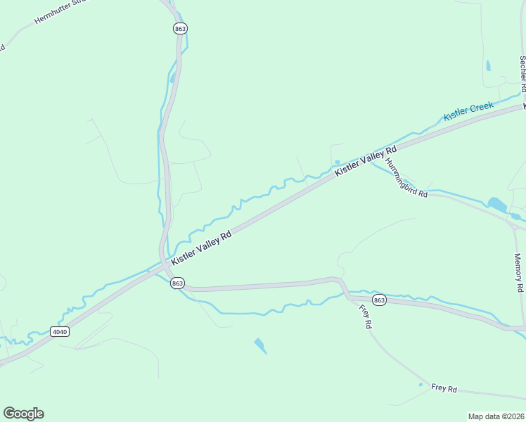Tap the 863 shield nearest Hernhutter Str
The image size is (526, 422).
(181, 28)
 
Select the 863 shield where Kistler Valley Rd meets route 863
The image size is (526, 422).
(177, 283)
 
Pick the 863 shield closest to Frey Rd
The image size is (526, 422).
(379, 300)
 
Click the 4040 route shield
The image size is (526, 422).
(60, 331)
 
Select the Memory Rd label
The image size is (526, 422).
(519, 273)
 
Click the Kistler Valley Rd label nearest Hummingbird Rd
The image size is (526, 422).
(366, 161)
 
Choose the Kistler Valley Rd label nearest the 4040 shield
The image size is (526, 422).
(201, 249)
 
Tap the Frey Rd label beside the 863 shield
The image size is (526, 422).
(364, 318)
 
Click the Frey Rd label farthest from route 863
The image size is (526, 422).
(444, 388)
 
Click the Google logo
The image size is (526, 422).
(23, 414)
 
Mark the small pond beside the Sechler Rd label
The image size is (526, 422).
(488, 66)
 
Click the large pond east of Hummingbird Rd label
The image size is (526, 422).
(498, 205)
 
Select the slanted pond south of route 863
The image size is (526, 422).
(260, 345)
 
